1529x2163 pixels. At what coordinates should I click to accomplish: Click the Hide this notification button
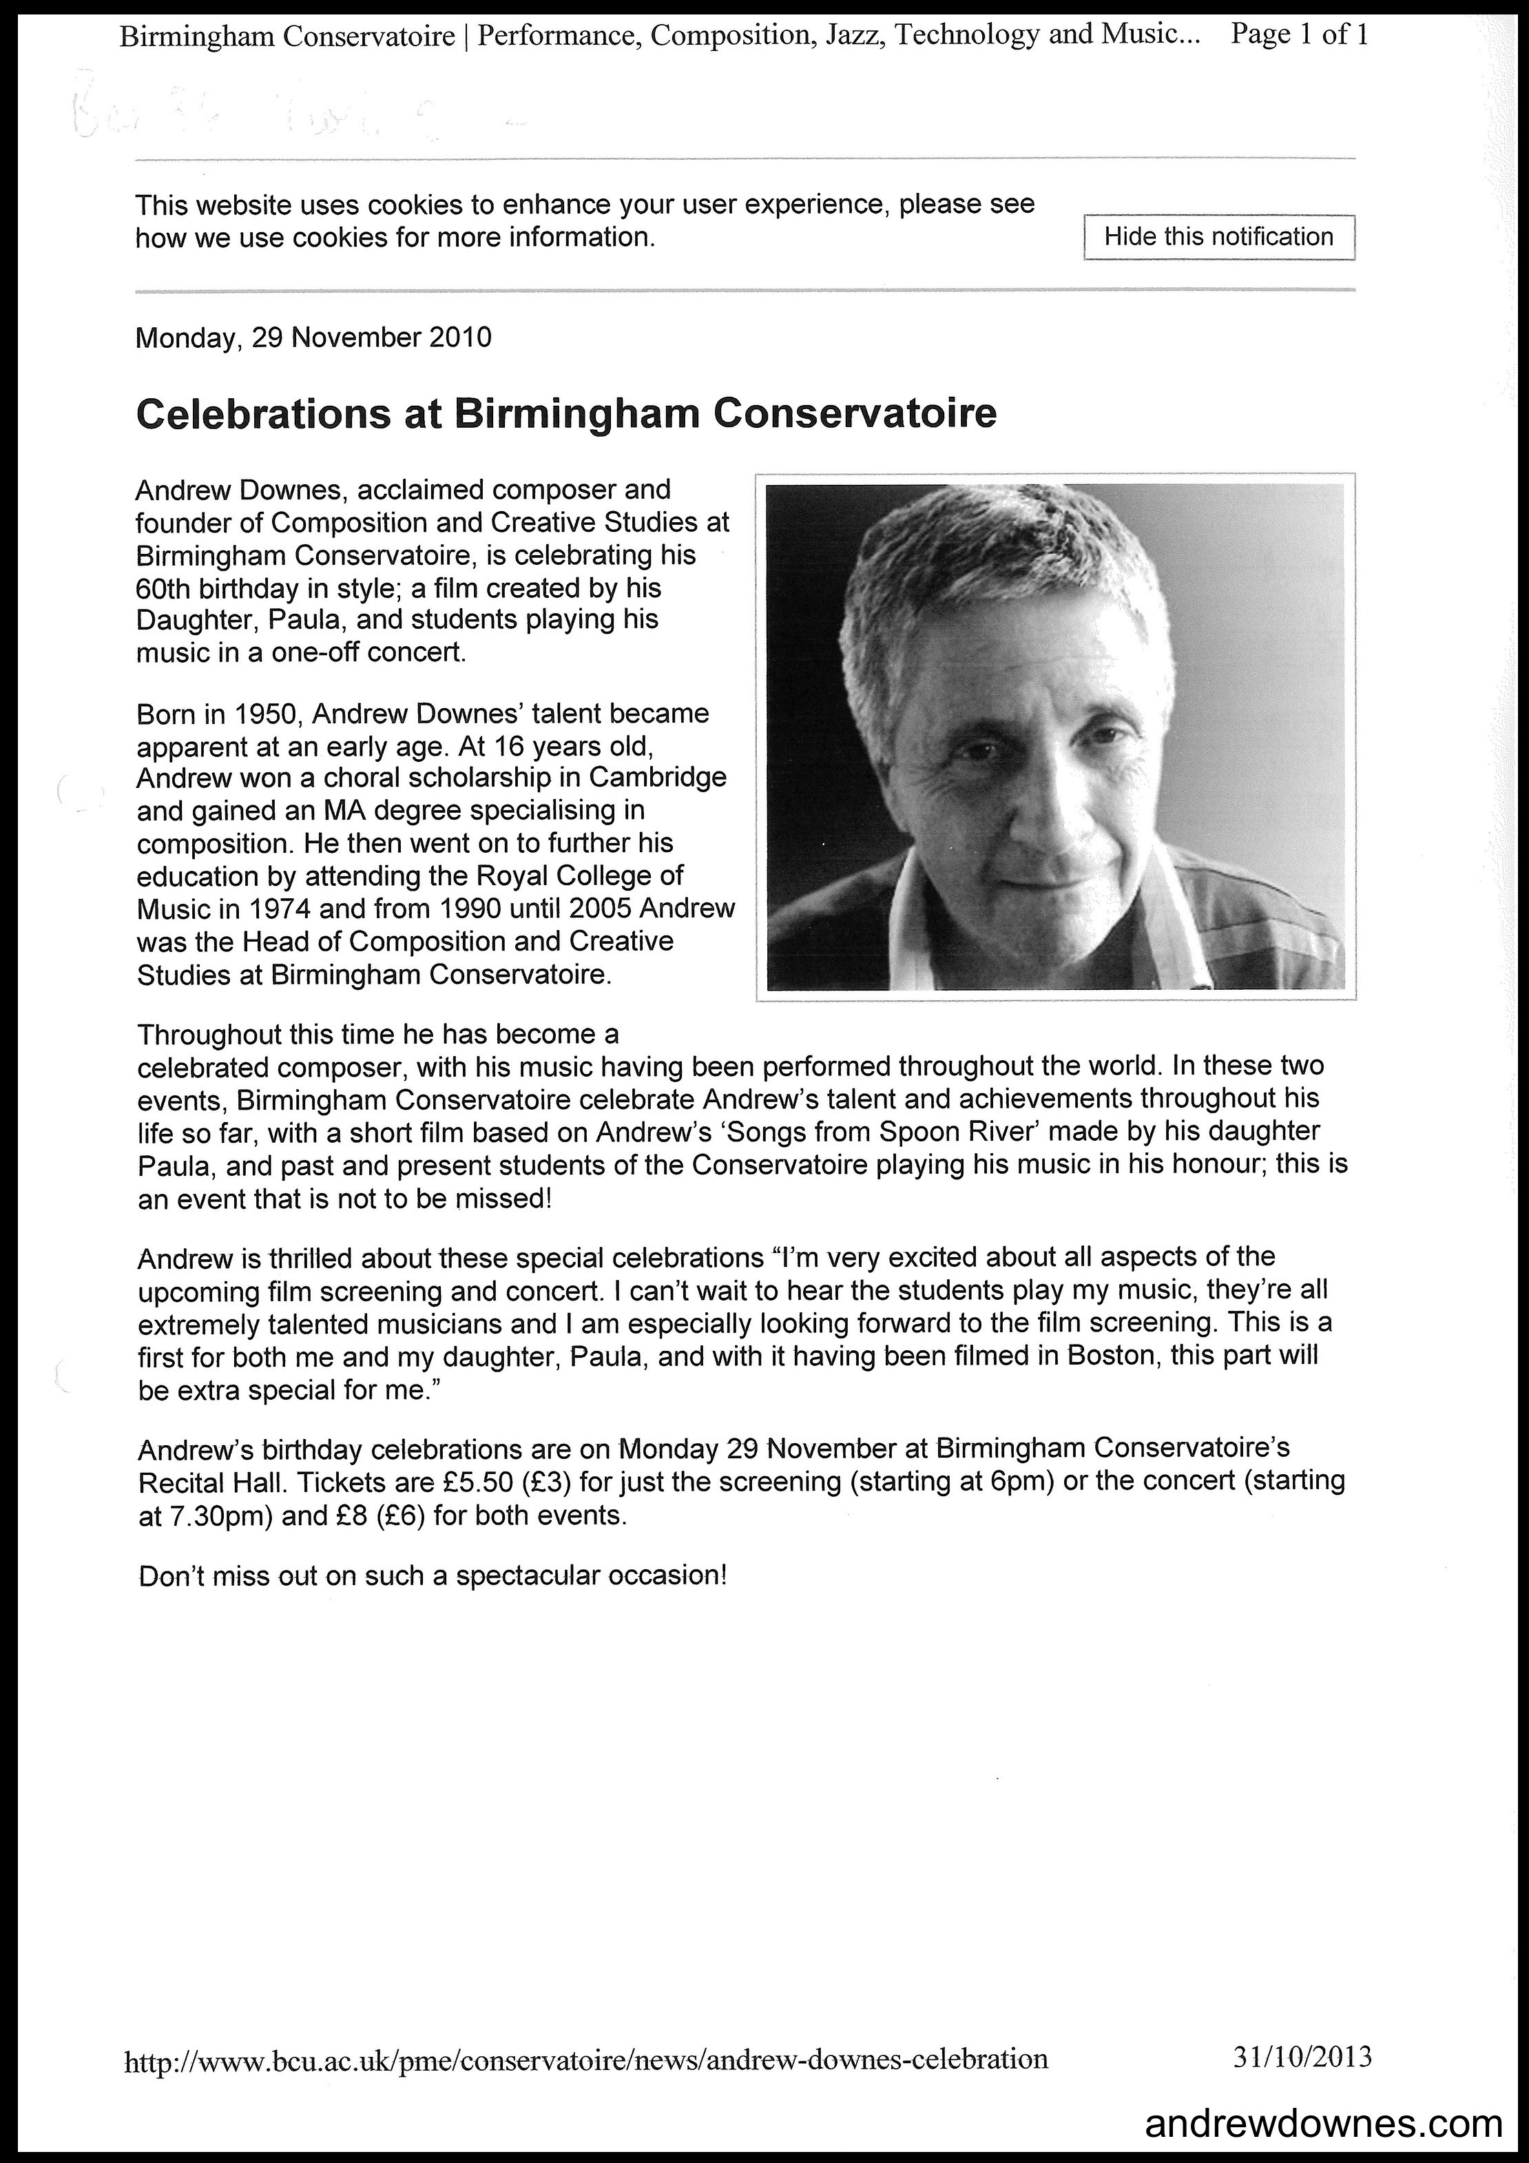point(1218,238)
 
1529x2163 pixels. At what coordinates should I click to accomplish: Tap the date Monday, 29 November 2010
point(313,338)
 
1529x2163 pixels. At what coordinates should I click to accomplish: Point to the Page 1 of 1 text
point(1299,36)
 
